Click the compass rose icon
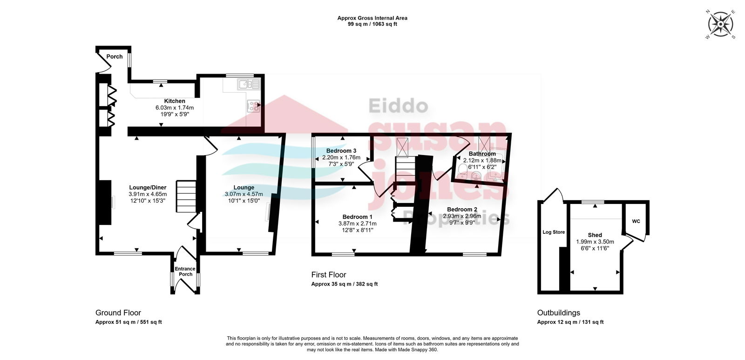(x=720, y=24)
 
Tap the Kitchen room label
(x=175, y=101)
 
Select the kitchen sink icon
(x=249, y=84)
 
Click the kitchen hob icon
(x=253, y=106)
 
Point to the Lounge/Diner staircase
(x=186, y=197)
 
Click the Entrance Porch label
(x=185, y=272)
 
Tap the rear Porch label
(x=115, y=56)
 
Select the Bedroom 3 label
(x=341, y=151)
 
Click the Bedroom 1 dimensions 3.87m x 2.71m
(x=358, y=224)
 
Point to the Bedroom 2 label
(x=462, y=209)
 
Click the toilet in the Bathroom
(x=462, y=170)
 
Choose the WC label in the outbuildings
(x=636, y=222)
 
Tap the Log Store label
(x=554, y=232)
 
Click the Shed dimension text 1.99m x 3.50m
(x=595, y=242)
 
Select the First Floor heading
(x=329, y=275)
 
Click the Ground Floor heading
(x=118, y=313)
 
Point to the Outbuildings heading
(x=559, y=313)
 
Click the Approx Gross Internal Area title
(x=372, y=18)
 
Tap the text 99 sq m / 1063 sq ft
(x=372, y=24)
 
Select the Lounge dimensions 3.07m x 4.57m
(x=244, y=194)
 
